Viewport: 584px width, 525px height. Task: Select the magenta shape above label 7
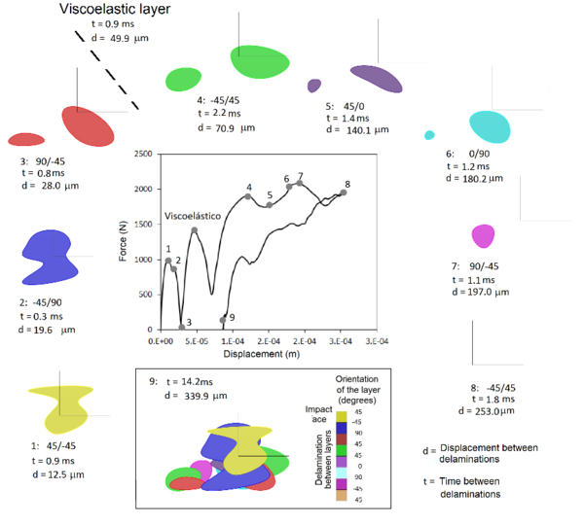pos(483,235)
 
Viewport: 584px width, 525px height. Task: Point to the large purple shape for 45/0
pos(376,79)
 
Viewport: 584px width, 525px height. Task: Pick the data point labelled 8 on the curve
pos(343,192)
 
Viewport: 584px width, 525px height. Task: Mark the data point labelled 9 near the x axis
pos(223,319)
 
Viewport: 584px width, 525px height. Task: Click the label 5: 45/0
pos(345,105)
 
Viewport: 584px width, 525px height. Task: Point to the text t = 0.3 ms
pos(44,316)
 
